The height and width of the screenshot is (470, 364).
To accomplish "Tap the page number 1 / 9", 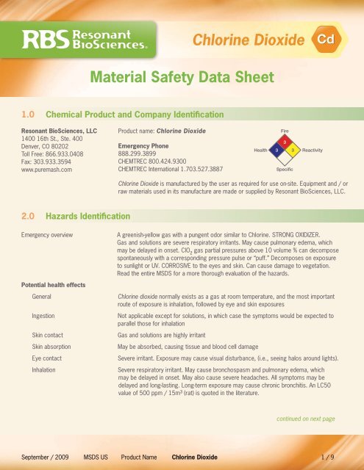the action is [x=343, y=456].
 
